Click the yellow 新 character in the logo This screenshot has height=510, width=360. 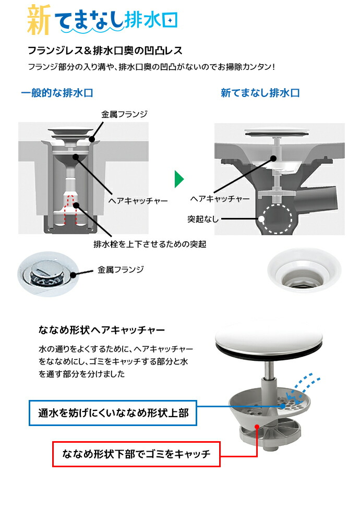point(39,19)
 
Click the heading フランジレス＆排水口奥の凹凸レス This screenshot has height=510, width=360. point(105,51)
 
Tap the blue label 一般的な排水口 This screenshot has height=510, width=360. point(57,93)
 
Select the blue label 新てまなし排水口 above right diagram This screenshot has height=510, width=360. point(260,93)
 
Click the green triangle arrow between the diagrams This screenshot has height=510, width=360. point(179,179)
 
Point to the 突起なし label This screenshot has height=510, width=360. point(203,219)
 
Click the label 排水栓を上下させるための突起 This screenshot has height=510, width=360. point(150,244)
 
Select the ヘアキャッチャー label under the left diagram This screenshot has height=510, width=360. point(138,201)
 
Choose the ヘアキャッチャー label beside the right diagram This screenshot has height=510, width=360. point(220,198)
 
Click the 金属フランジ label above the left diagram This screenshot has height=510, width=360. point(124,114)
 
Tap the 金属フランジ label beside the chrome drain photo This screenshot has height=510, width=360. point(121,269)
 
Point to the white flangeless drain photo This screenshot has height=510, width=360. point(304,271)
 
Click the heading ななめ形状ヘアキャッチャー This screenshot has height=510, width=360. point(102,330)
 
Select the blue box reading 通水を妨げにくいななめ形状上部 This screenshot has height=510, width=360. point(113,413)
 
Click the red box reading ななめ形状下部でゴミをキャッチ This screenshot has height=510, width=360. point(136,454)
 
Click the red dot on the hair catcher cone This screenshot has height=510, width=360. point(257,426)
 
